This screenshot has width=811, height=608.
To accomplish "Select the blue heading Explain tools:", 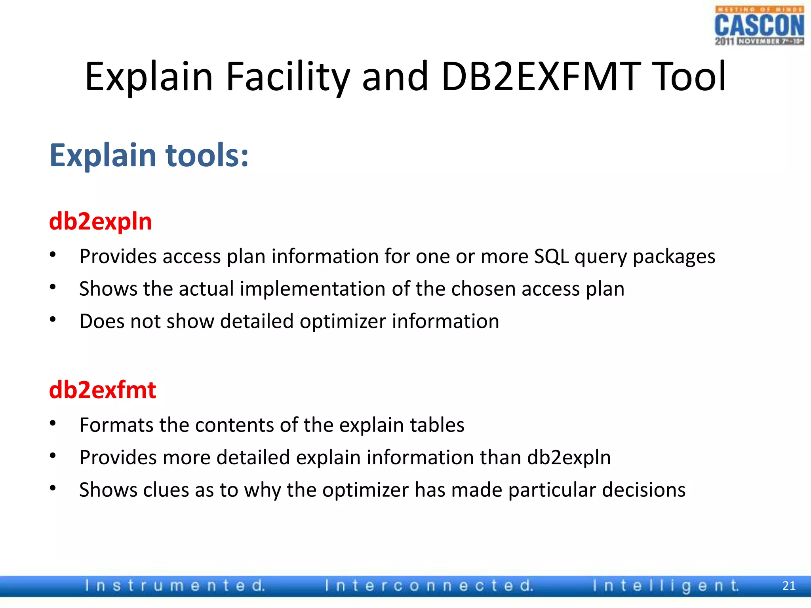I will pos(149,156).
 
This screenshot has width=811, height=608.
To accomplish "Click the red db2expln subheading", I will pos(101,221).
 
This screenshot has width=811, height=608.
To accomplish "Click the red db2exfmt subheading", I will pos(103,390).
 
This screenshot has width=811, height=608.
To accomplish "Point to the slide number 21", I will pos(789,585).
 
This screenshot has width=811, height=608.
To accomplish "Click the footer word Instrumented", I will pos(175,585).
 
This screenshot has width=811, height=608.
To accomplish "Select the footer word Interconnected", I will pos(429,585).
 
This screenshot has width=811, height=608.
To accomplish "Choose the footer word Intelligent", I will pos(666,585).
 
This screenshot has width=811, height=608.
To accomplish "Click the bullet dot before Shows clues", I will pos(53,488).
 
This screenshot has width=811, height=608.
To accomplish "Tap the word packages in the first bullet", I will pos(674,256).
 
